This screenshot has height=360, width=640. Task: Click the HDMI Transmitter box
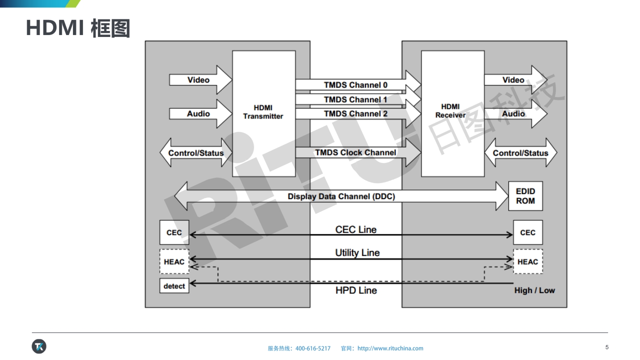(263, 113)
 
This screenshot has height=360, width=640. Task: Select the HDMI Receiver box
(452, 113)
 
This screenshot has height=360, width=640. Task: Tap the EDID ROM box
(525, 196)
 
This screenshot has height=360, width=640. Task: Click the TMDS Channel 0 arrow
(356, 85)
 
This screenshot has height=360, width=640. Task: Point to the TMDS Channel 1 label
(355, 99)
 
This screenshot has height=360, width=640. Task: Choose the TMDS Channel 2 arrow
(356, 114)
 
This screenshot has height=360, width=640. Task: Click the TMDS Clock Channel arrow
(356, 153)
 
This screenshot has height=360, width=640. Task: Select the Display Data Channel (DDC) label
(341, 196)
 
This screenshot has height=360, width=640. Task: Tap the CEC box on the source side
(174, 232)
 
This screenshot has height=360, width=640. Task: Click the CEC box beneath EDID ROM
(527, 232)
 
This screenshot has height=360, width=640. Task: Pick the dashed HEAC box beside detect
(174, 261)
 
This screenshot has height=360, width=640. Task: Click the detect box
(174, 286)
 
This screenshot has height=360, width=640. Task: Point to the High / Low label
(534, 290)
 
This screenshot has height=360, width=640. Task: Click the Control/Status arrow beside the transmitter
(196, 153)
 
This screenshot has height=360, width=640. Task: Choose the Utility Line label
(357, 252)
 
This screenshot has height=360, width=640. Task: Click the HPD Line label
(356, 290)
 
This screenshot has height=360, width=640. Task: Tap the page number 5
(607, 347)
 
